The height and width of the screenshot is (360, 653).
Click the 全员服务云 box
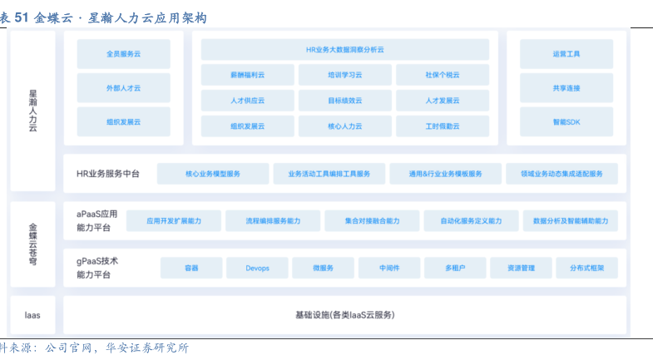(123, 54)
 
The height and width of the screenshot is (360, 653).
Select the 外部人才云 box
(123, 87)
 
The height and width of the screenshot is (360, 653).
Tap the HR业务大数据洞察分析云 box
(344, 50)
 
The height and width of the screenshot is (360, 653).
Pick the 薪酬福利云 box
(247, 75)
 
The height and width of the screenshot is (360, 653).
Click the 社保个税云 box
(442, 75)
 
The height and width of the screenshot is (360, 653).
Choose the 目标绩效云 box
(344, 101)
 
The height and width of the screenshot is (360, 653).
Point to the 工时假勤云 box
(442, 126)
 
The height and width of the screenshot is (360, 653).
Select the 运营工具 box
(566, 54)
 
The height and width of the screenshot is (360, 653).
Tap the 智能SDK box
(566, 121)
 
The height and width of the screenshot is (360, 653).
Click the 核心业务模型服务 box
(211, 174)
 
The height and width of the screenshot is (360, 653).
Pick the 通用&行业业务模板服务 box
(445, 174)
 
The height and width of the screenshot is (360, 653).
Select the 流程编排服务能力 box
(272, 221)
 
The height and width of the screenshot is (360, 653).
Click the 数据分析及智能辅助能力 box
(570, 221)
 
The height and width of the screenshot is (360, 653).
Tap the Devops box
(258, 268)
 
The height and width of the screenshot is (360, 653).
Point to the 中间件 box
(389, 268)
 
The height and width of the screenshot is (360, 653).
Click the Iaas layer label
(32, 315)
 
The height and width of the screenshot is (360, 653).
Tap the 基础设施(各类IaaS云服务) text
(344, 315)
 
